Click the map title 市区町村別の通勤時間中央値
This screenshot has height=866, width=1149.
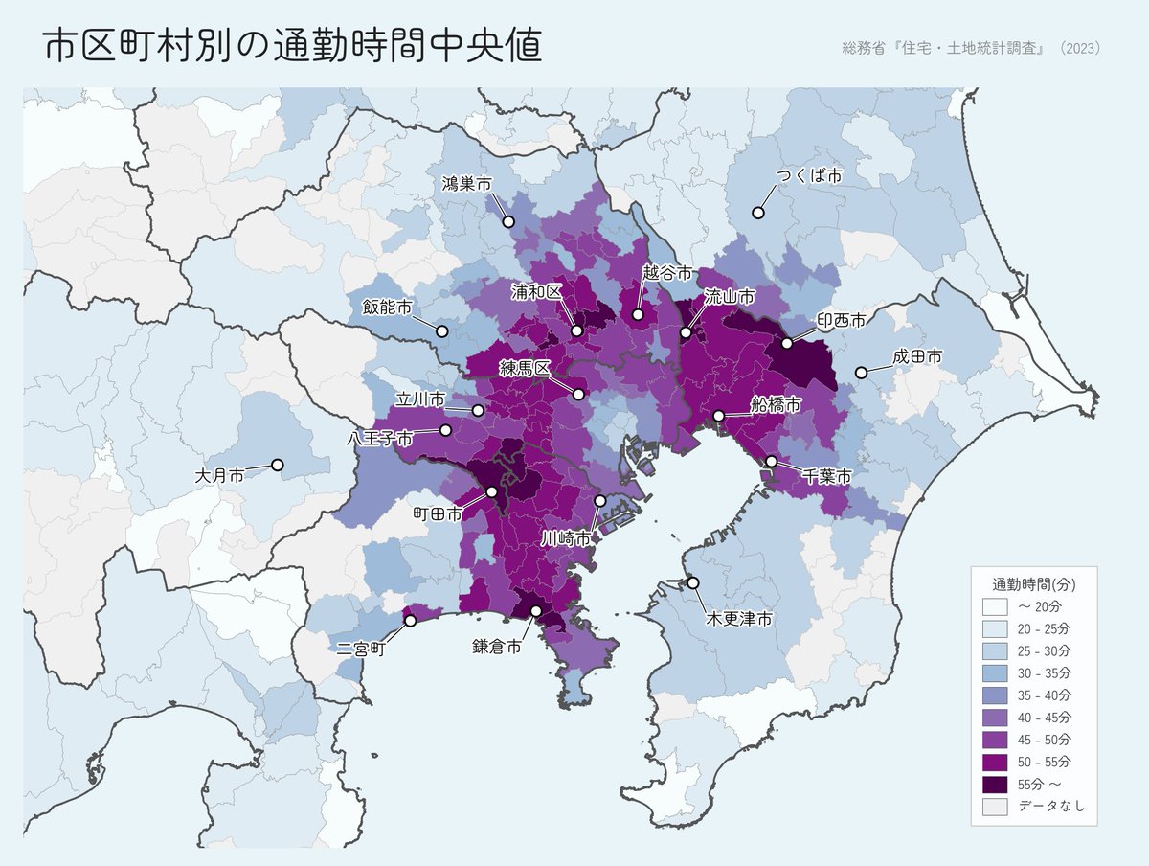[x=293, y=47]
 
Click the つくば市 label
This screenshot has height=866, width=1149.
[x=809, y=176]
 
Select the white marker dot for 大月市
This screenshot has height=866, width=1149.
[x=278, y=465]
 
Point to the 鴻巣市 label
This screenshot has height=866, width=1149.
[x=466, y=183]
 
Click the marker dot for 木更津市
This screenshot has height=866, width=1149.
[x=692, y=582]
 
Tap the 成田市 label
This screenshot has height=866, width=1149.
[x=917, y=356]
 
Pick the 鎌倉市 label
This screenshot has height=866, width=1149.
[x=497, y=647]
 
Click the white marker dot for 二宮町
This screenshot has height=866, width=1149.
[x=411, y=620]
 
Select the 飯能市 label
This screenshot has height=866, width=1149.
[x=387, y=308]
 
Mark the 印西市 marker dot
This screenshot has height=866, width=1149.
[x=787, y=343]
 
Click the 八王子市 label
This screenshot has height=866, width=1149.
[x=380, y=439]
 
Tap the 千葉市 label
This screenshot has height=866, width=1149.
[x=826, y=476]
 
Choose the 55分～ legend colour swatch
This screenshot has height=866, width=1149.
[x=995, y=785]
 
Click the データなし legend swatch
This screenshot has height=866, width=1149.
[x=995, y=807]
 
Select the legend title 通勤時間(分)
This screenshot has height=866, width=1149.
[x=1034, y=583]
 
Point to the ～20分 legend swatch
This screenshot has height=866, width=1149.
[x=995, y=606]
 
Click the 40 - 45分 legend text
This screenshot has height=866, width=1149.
[x=1045, y=718]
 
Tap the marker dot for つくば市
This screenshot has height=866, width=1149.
[x=758, y=213]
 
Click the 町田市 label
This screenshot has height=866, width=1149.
[x=438, y=514]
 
